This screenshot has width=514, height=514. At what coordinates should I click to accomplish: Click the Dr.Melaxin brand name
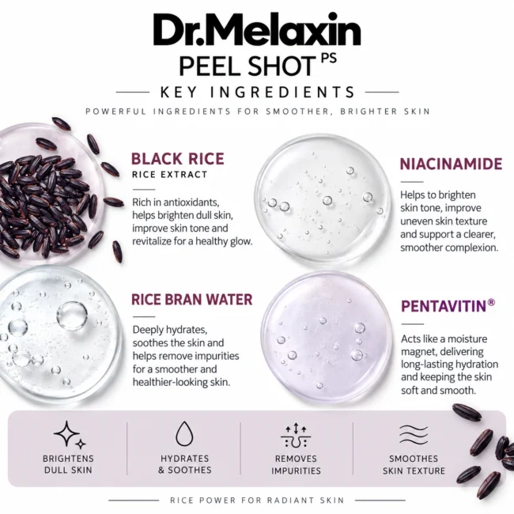pos(257,30)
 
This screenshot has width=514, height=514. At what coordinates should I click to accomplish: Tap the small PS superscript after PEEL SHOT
pos(328,58)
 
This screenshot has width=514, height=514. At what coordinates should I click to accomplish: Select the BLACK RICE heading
pos(178,159)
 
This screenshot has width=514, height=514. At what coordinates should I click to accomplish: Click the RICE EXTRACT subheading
pos(169,175)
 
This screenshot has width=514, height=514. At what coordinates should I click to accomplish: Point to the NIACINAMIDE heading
pos(451,164)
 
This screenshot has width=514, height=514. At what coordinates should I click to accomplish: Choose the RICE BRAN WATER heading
pos(192,299)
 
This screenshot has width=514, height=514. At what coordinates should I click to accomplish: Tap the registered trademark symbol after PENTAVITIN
pos(491,302)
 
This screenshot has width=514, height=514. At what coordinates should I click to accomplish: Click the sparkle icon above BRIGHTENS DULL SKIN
pos(70,435)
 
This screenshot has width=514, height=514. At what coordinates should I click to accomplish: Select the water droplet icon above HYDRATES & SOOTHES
pos(184,433)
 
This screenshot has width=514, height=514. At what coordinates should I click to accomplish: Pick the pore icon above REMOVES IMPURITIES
pos(296,435)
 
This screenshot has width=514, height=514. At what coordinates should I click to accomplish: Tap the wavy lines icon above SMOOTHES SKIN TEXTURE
pos(414,435)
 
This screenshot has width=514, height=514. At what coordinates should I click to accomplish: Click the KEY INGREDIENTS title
pos(257,92)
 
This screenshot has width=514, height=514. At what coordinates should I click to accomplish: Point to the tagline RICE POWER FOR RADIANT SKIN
pos(257,501)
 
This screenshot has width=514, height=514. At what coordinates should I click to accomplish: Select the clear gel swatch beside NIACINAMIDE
pos(323,199)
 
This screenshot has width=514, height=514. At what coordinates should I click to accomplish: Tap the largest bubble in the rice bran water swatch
pos(72,316)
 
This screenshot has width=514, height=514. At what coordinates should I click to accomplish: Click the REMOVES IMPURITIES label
pos(296,464)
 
